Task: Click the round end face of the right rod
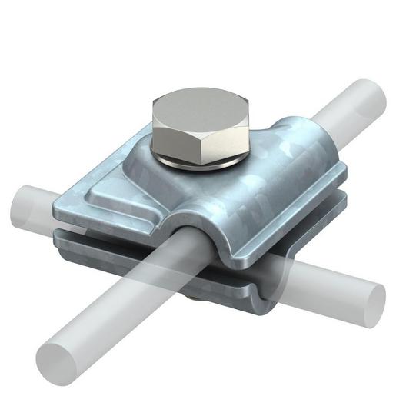coord(368,296)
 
